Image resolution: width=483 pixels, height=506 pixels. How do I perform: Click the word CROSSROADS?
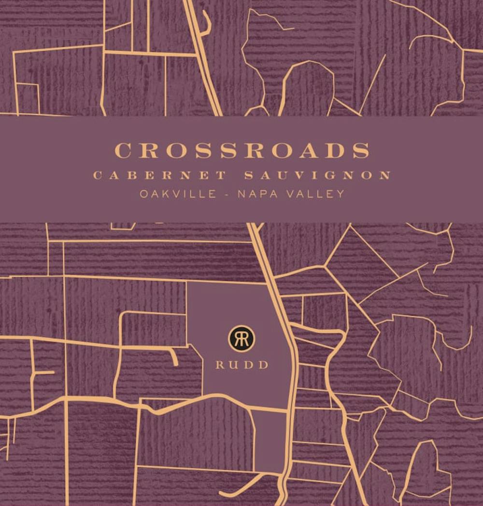pyautogui.click(x=242, y=150)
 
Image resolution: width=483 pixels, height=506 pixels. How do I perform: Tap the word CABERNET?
pyautogui.click(x=160, y=175)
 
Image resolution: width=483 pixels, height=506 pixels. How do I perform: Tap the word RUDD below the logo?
pyautogui.click(x=242, y=365)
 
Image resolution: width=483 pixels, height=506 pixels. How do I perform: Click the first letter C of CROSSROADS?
pyautogui.click(x=124, y=150)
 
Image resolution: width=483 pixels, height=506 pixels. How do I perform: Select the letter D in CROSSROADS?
pyautogui.click(x=335, y=150)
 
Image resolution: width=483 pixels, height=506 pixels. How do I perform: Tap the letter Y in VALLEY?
pyautogui.click(x=341, y=194)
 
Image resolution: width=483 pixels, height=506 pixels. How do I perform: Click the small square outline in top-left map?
pyautogui.click(x=28, y=98)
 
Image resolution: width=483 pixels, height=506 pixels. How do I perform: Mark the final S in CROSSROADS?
pyautogui.click(x=360, y=150)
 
